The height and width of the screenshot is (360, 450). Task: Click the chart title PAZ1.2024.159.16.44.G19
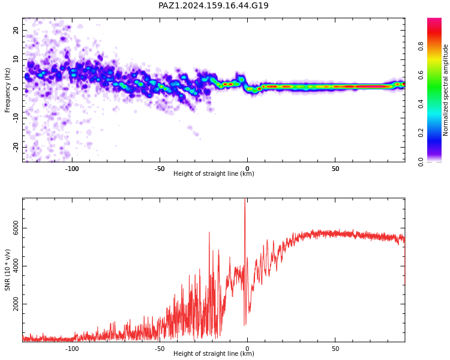pyautogui.click(x=213, y=5)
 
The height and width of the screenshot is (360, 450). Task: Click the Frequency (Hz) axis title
pyautogui.click(x=7, y=90)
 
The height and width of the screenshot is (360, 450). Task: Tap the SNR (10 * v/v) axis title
pyautogui.click(x=7, y=269)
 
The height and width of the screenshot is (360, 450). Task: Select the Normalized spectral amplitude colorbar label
pyautogui.click(x=445, y=90)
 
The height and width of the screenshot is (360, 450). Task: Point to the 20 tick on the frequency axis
pyautogui.click(x=16, y=30)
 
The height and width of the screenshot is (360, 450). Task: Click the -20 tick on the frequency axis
pyautogui.click(x=16, y=147)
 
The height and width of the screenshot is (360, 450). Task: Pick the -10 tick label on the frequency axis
pyautogui.click(x=16, y=118)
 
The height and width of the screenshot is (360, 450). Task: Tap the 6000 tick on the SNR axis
pyautogui.click(x=16, y=228)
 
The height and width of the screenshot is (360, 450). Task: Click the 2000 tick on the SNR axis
pyautogui.click(x=16, y=304)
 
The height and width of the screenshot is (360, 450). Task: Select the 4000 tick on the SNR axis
pyautogui.click(x=16, y=266)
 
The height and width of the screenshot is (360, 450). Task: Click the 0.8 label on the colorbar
pyautogui.click(x=421, y=46)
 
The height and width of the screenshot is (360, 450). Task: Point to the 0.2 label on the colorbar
pyautogui.click(x=421, y=133)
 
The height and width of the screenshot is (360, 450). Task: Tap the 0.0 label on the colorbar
pyautogui.click(x=421, y=161)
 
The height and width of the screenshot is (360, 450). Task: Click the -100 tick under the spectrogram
pyautogui.click(x=72, y=169)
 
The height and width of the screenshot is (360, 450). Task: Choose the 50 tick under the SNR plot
pyautogui.click(x=335, y=349)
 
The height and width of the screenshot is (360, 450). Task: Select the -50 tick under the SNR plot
pyautogui.click(x=160, y=349)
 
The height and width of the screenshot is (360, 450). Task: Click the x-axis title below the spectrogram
pyautogui.click(x=214, y=173)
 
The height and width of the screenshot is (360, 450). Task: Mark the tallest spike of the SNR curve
pyautogui.click(x=245, y=199)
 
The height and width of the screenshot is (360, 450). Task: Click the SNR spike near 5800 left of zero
pyautogui.click(x=209, y=233)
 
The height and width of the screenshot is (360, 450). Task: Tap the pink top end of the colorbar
pyautogui.click(x=434, y=20)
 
